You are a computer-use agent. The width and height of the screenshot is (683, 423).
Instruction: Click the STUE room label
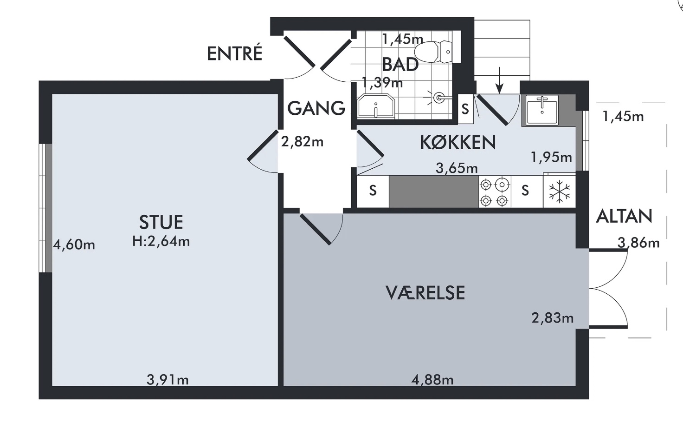(161, 222)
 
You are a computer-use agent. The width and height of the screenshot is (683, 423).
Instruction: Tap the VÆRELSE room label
(425, 292)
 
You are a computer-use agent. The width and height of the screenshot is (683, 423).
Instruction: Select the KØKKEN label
(457, 142)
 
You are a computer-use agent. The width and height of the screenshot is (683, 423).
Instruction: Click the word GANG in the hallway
(316, 108)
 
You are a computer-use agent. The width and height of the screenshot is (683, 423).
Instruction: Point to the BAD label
(400, 65)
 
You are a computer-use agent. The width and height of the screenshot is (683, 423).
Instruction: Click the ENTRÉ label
(234, 53)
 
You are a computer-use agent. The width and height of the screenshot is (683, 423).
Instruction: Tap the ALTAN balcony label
(624, 216)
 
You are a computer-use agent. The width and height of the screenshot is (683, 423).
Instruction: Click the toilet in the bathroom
(433, 52)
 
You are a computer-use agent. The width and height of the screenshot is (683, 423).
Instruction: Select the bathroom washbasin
(376, 106)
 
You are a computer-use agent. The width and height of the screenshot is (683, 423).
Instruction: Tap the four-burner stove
(495, 192)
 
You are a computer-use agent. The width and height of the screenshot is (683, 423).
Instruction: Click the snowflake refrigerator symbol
(560, 191)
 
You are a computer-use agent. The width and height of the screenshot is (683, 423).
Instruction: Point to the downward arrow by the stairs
(499, 80)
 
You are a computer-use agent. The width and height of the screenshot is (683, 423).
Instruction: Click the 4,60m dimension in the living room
(74, 245)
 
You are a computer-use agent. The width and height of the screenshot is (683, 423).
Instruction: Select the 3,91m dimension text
(168, 380)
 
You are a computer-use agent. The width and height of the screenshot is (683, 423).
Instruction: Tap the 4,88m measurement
(432, 380)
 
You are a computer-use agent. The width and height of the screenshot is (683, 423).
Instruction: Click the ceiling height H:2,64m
(161, 241)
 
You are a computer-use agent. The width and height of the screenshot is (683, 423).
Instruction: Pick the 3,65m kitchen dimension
(457, 168)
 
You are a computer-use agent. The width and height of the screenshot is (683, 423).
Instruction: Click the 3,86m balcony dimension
(638, 243)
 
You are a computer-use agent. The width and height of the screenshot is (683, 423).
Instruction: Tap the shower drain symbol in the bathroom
(439, 98)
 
